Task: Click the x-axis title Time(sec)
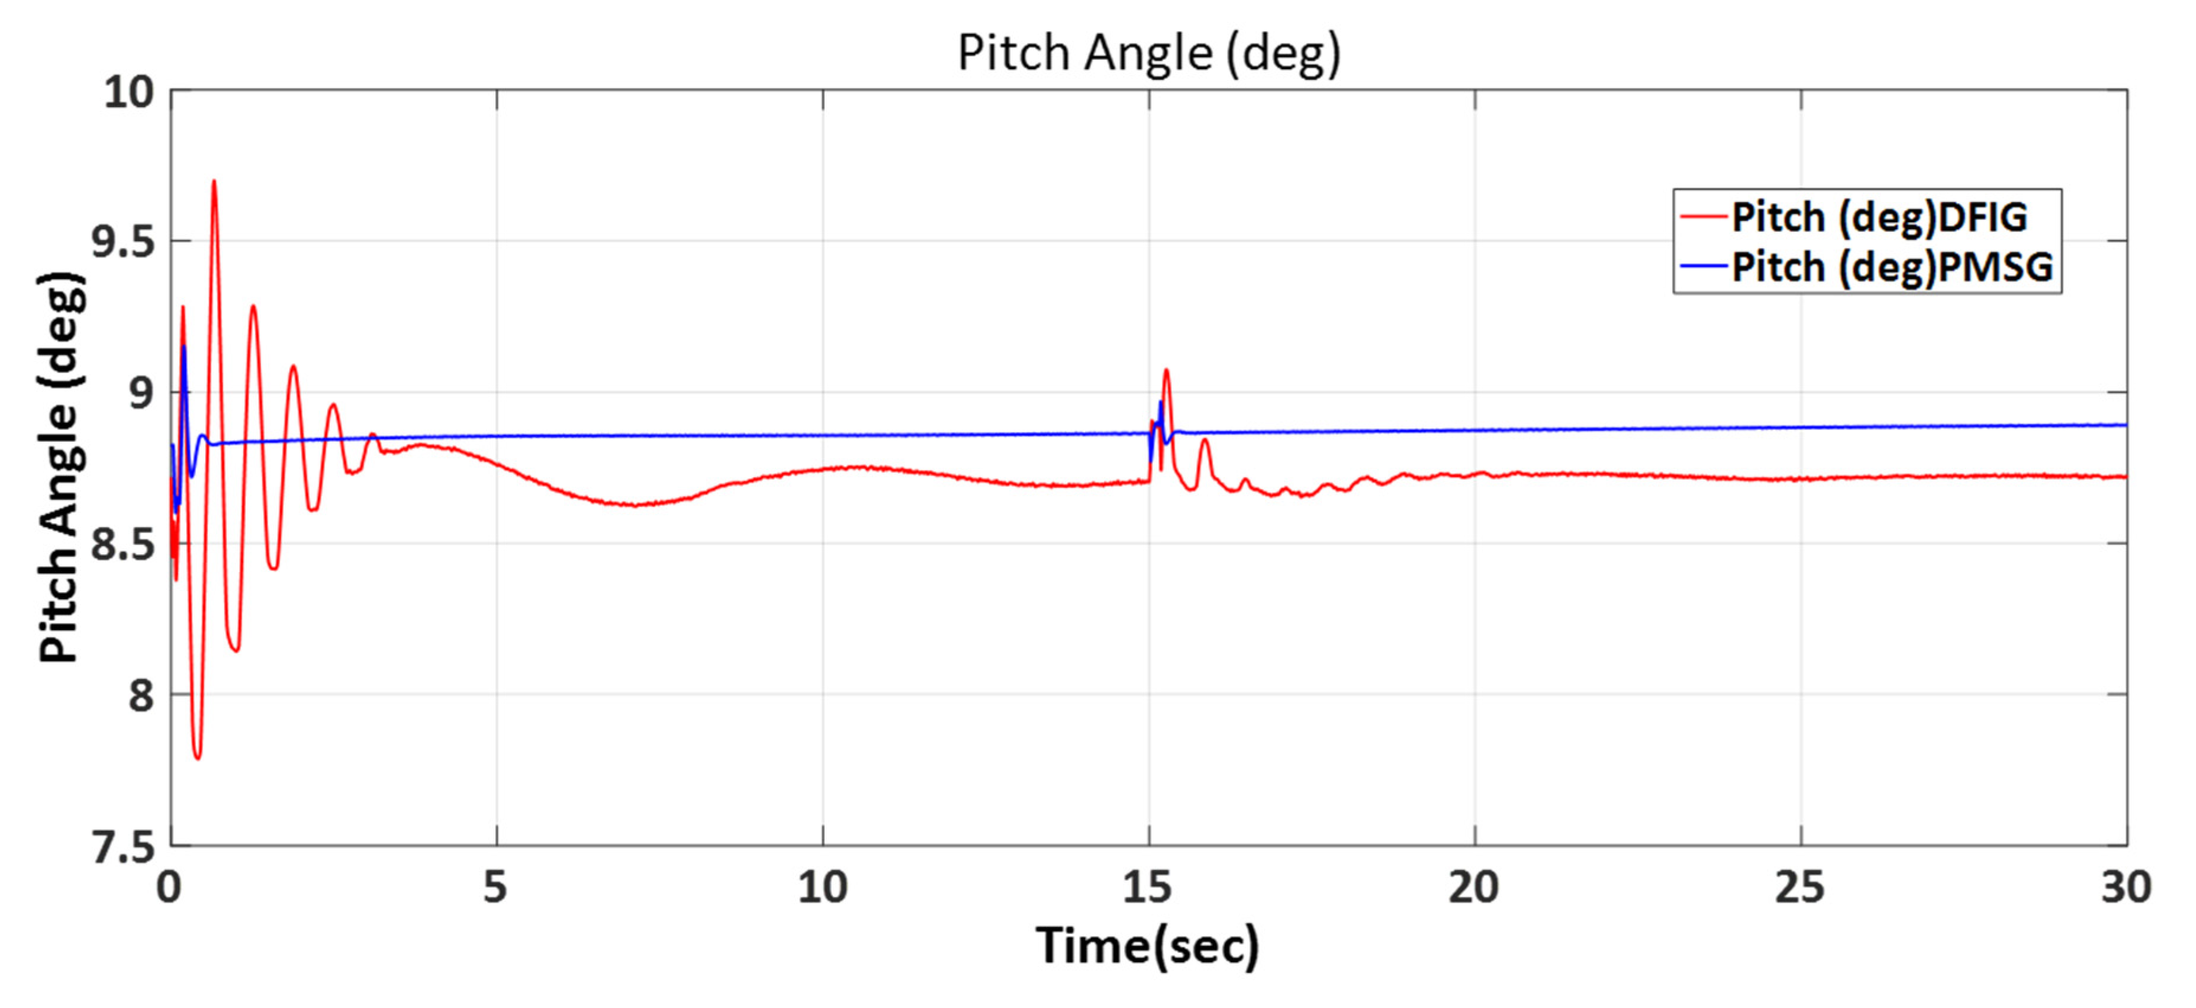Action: pos(1147,945)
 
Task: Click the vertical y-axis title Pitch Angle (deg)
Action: pos(62,467)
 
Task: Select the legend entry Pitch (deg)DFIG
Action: pos(1879,217)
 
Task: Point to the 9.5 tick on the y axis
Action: pos(124,242)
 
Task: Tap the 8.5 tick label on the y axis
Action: pos(124,544)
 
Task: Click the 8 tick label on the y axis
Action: pos(141,695)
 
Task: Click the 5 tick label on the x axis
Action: pos(495,888)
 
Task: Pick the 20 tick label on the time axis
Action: pos(1474,888)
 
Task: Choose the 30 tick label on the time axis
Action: pos(2125,888)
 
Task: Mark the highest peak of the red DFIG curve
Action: pos(213,181)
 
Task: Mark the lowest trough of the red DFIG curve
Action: pos(198,757)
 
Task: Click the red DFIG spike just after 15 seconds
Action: pos(1165,370)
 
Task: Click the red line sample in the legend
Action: pos(1702,217)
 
